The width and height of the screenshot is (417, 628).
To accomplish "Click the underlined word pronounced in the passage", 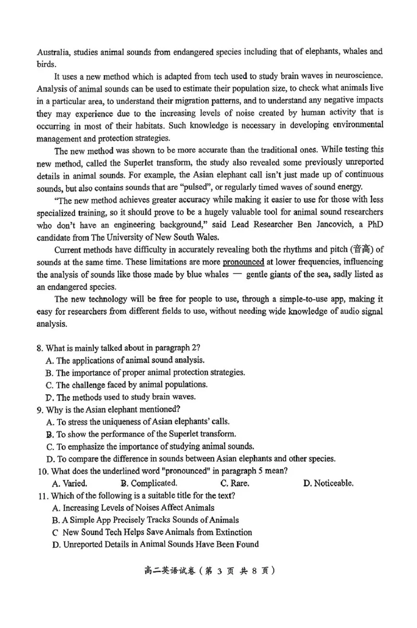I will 243,262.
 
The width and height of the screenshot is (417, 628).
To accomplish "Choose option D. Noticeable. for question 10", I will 328,483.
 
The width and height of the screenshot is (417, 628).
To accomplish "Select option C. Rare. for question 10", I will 235,483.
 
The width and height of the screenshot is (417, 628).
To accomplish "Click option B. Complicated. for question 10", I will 149,483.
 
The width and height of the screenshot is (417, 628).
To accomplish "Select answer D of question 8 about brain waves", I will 114,397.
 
